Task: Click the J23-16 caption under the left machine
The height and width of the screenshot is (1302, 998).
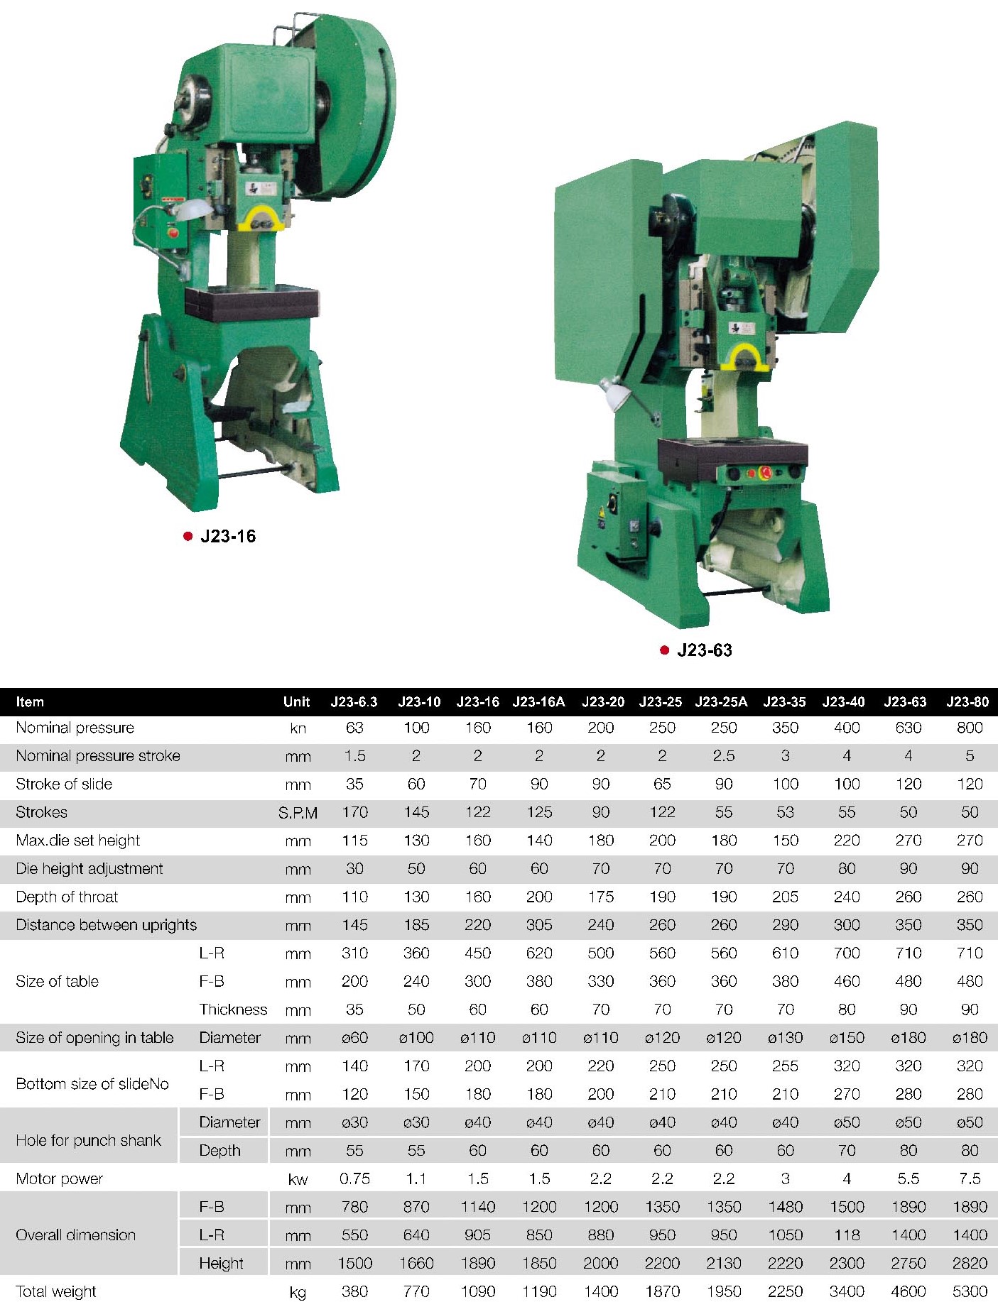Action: coord(228,536)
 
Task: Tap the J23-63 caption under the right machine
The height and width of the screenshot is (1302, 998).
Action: coord(705,650)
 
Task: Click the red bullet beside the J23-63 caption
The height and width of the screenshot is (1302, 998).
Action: coord(665,650)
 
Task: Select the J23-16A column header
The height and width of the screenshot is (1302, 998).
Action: coord(539,702)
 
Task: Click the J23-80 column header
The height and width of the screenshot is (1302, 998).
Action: coord(967,702)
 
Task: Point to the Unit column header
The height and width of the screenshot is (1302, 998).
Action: coord(297,702)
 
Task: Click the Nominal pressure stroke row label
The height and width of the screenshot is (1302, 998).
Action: coord(98,756)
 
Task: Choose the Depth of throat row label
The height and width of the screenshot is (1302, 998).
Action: coord(67,897)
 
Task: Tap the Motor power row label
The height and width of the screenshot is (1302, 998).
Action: coord(60,1179)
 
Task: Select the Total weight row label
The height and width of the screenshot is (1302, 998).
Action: coord(56,1292)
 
